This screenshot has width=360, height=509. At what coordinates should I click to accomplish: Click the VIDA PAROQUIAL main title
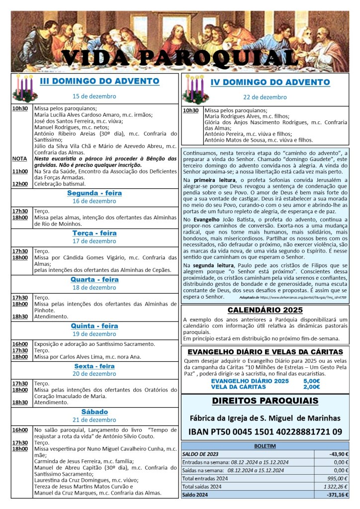[180, 58]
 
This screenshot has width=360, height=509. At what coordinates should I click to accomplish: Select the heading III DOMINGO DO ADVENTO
[99, 81]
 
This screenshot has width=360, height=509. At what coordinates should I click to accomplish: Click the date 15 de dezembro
[94, 96]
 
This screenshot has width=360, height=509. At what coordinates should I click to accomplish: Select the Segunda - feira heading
[94, 193]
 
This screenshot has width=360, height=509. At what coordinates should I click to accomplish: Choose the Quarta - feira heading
[94, 279]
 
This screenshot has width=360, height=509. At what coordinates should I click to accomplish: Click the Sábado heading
[94, 412]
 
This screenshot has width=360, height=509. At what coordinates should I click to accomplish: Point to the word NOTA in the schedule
[20, 159]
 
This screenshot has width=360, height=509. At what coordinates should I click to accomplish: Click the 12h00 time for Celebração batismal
[20, 183]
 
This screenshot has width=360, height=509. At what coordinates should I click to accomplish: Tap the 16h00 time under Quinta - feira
[20, 344]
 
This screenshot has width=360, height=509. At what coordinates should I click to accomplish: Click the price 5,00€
[311, 381]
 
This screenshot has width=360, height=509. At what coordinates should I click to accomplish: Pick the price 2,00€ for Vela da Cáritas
[311, 387]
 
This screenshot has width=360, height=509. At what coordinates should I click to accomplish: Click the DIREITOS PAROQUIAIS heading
[265, 401]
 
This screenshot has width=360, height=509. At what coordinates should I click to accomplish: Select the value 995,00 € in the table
[336, 478]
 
